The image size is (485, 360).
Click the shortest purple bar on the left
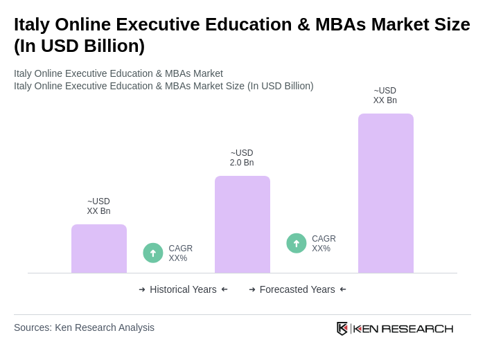pyautogui.click(x=99, y=249)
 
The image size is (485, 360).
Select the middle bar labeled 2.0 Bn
pyautogui.click(x=242, y=224)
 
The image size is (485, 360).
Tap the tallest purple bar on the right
pyautogui.click(x=385, y=193)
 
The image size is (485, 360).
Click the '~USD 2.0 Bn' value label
pyautogui.click(x=242, y=158)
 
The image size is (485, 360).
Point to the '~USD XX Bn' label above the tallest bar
pyautogui.click(x=385, y=96)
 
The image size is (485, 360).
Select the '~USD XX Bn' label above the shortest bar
pyautogui.click(x=99, y=206)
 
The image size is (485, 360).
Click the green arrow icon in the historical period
pyautogui.click(x=153, y=253)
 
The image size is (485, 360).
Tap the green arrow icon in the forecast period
pyautogui.click(x=297, y=243)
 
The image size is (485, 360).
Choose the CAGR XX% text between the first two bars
pyautogui.click(x=180, y=253)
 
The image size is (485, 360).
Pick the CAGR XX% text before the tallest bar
pyautogui.click(x=324, y=244)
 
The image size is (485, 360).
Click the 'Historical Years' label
pyautogui.click(x=183, y=289)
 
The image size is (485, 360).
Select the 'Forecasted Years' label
pyautogui.click(x=297, y=289)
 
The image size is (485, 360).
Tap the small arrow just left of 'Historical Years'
pyautogui.click(x=142, y=289)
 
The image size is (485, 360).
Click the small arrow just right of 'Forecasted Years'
pyautogui.click(x=343, y=289)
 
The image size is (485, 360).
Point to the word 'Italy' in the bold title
pyautogui.click(x=32, y=24)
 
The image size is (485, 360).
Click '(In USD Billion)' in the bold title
pyautogui.click(x=79, y=46)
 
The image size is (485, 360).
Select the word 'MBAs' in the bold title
pyautogui.click(x=335, y=24)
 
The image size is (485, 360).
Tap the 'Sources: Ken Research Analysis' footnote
pyautogui.click(x=84, y=327)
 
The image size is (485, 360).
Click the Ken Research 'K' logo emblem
pyautogui.click(x=342, y=328)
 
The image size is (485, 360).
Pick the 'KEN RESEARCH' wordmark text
pyautogui.click(x=403, y=328)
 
